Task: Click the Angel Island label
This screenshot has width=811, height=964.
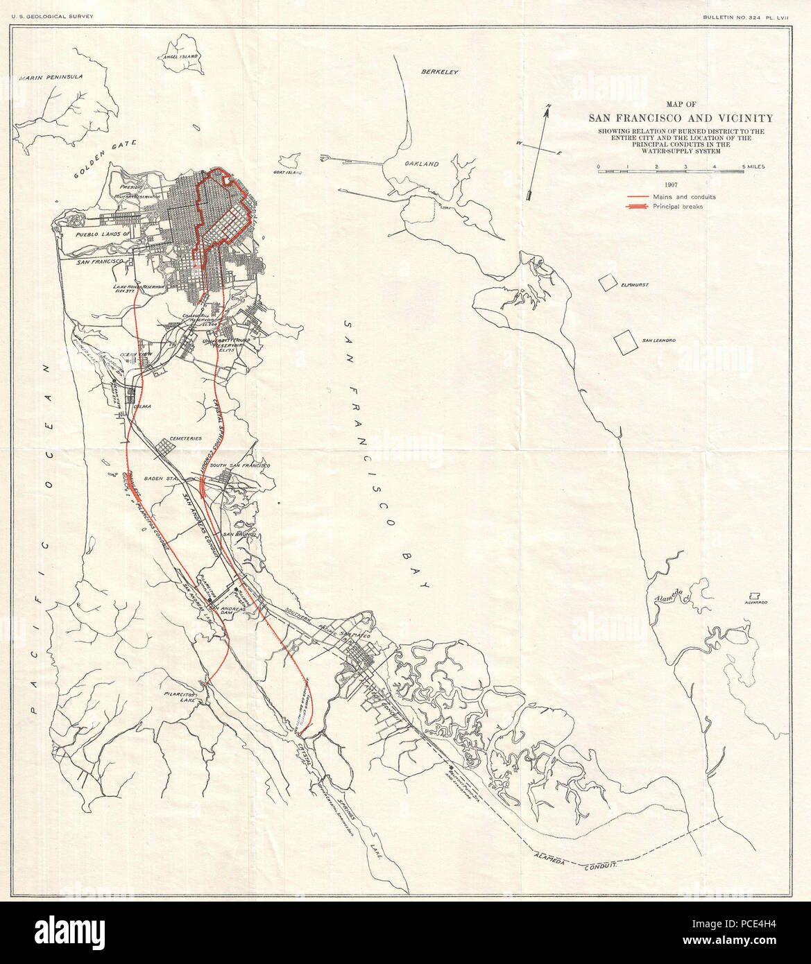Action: click(180, 56)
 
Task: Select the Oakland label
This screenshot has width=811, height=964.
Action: click(422, 164)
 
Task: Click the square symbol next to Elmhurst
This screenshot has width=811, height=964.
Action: click(608, 282)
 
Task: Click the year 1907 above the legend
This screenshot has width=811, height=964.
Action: click(669, 185)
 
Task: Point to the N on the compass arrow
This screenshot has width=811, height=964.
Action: click(548, 106)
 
